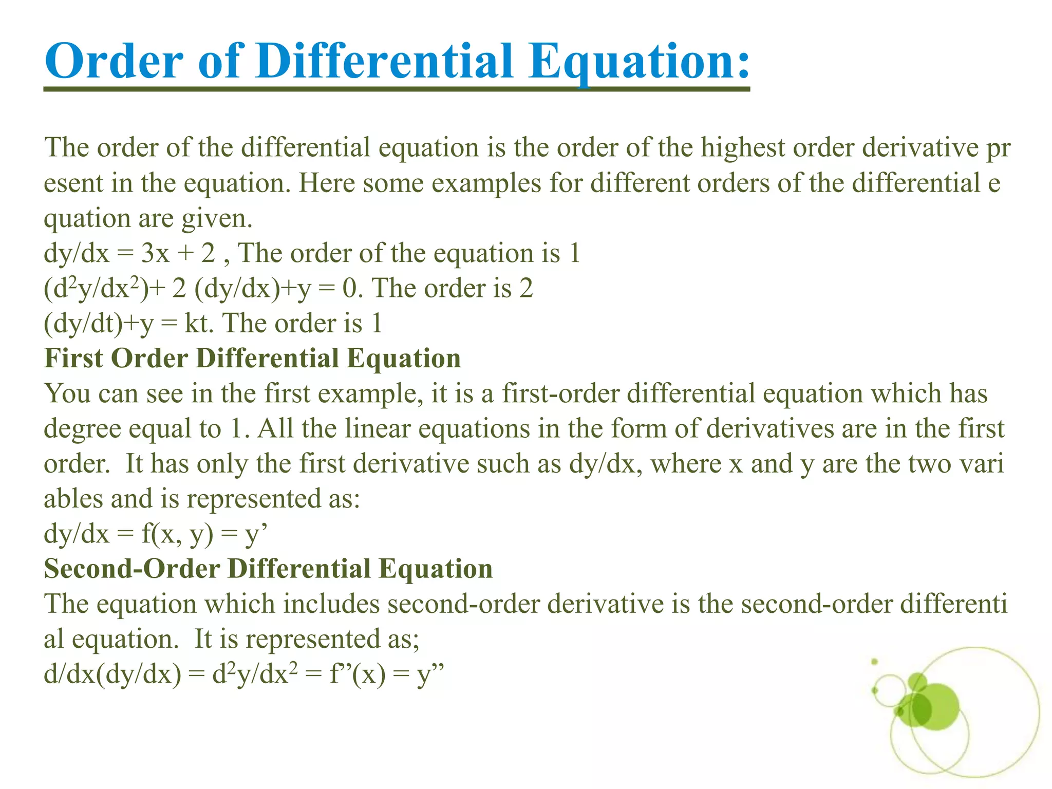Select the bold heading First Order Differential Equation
coord(252,359)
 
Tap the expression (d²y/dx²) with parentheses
coord(96,289)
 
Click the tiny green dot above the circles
coord(874,662)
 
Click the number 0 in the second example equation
coord(349,289)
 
